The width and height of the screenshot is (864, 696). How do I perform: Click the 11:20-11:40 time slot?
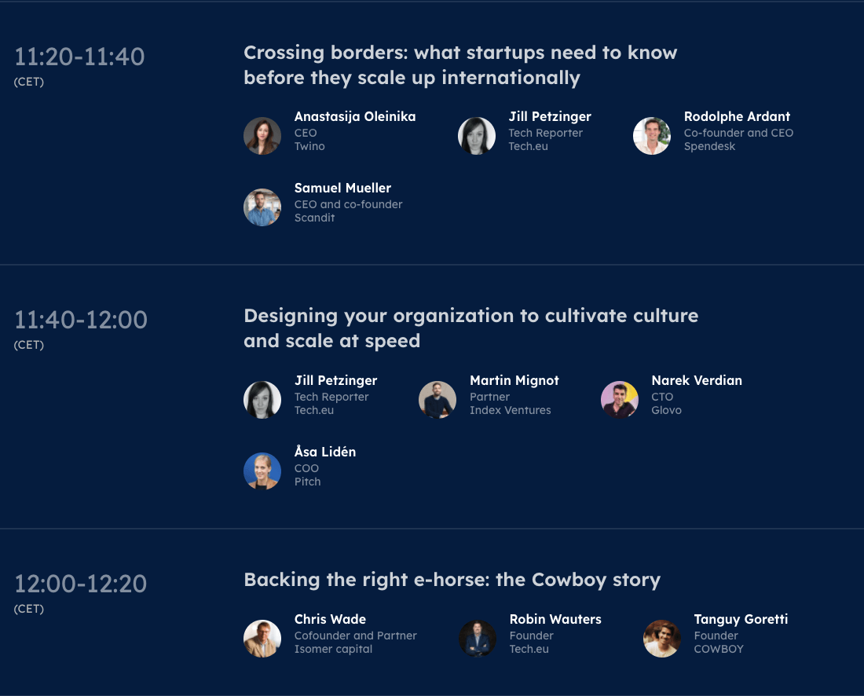[x=79, y=57]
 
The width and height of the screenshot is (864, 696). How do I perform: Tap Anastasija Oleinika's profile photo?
[x=262, y=136]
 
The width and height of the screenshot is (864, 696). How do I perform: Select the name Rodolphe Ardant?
[x=737, y=117]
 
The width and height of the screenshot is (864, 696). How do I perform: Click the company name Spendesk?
[x=709, y=147]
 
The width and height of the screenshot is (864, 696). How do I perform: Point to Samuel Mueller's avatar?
[x=262, y=207]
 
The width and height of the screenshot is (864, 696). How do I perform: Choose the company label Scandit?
[x=314, y=218]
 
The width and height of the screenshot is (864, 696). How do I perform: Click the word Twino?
[x=309, y=147]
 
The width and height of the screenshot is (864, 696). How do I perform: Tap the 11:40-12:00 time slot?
[x=80, y=321]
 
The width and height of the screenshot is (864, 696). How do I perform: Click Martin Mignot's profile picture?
[x=437, y=400]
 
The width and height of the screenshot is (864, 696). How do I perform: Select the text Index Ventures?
[x=511, y=410]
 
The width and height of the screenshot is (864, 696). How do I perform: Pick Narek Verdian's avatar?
[x=620, y=400]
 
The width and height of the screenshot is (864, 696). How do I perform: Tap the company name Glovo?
[x=666, y=410]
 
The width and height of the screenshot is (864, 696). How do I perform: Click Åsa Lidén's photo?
[x=262, y=471]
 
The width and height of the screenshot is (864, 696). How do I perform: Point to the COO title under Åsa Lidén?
[x=306, y=468]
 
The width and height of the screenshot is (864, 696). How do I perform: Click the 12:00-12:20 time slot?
[x=80, y=584]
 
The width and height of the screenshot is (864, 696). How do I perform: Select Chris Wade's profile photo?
[x=262, y=639]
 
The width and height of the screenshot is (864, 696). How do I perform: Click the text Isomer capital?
[x=333, y=649]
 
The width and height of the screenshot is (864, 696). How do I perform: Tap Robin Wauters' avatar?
[x=478, y=639]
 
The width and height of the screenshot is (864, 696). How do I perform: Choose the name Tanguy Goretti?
[x=741, y=619]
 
